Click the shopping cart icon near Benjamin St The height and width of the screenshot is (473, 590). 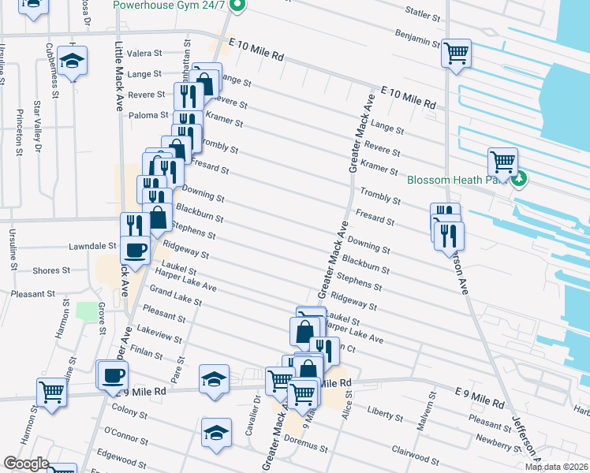(x=456, y=54)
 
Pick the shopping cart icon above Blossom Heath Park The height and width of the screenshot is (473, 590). (x=502, y=162)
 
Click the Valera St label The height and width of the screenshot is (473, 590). (x=146, y=54)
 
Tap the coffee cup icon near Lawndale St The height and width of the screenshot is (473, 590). (x=134, y=250)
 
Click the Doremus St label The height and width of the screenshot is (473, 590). (x=307, y=446)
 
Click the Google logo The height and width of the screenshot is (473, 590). (x=26, y=464)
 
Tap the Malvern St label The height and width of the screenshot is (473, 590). (x=432, y=407)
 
